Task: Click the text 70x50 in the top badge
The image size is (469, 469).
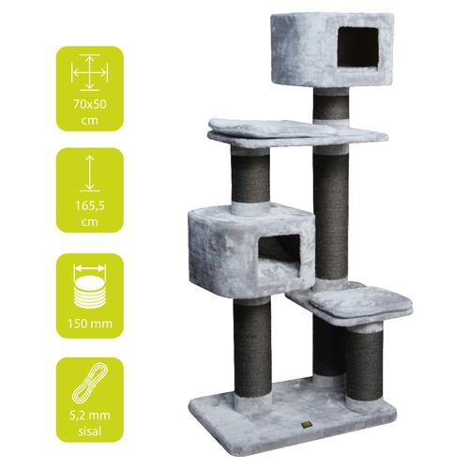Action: click(x=90, y=104)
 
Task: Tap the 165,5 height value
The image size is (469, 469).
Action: click(x=90, y=205)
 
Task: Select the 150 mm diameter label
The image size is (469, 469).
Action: click(x=90, y=324)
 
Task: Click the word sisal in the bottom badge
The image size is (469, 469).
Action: click(x=90, y=431)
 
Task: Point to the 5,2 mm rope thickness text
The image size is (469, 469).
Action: click(x=90, y=416)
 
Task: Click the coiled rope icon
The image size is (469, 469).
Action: click(x=90, y=384)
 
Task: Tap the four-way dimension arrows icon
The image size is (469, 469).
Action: click(x=90, y=72)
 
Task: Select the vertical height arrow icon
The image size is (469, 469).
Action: click(x=90, y=174)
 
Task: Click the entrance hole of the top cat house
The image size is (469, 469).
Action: click(x=358, y=47)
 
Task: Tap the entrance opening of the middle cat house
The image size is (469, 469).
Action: click(x=280, y=255)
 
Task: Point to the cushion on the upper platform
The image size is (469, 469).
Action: click(x=272, y=128)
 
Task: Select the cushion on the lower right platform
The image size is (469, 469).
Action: click(x=362, y=302)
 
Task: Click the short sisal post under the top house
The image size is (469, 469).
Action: click(x=331, y=107)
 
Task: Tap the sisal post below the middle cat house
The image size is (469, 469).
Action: click(x=252, y=347)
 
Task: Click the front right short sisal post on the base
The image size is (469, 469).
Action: click(x=364, y=364)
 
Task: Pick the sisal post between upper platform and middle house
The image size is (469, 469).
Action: click(x=250, y=179)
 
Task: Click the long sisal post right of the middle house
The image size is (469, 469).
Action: click(x=331, y=215)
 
